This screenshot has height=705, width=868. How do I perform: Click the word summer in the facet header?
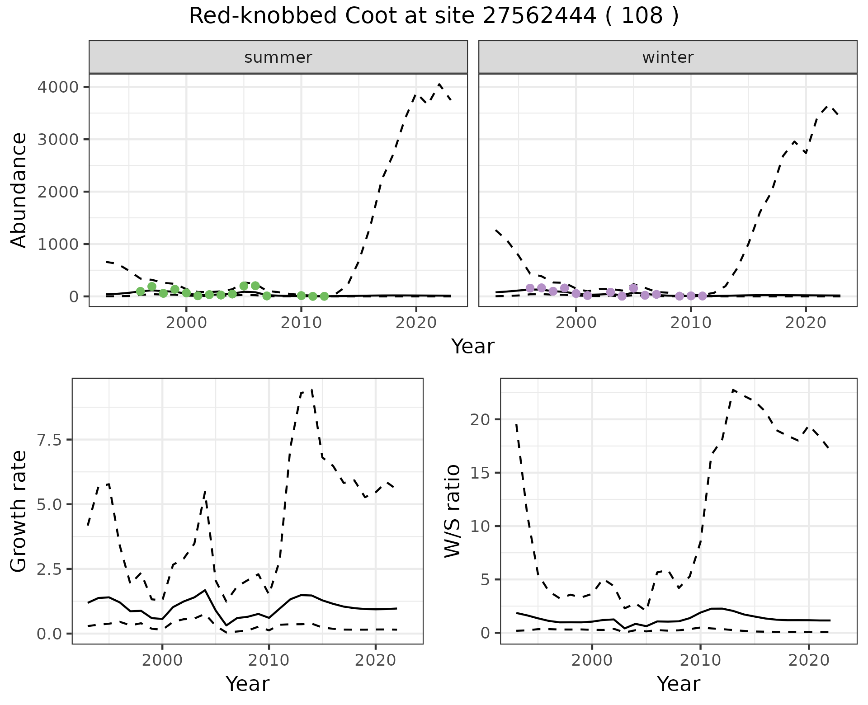tap(278, 57)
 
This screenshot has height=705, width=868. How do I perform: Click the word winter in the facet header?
tap(668, 57)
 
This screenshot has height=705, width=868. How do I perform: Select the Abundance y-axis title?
tap(19, 190)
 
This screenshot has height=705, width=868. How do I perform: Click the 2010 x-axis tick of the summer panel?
tap(301, 323)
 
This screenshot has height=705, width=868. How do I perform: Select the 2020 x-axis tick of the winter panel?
tap(805, 323)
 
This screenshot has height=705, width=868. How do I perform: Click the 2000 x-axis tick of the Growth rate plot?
tap(162, 660)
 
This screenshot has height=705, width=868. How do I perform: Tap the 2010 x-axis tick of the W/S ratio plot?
tap(700, 660)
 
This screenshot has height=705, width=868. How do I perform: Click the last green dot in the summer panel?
tap(324, 296)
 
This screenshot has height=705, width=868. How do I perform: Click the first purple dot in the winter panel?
tap(530, 288)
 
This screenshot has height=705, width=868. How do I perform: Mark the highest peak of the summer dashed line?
tap(439, 84)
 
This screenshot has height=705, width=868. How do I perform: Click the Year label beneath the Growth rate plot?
tap(247, 684)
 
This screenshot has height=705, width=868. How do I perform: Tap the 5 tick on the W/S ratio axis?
tap(485, 580)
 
